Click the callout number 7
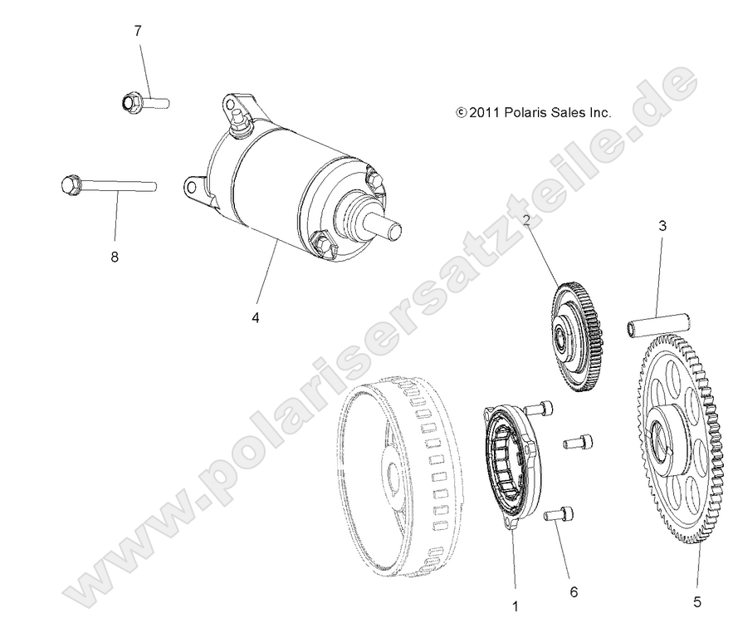point(138,32)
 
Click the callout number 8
point(114,257)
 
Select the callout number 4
point(255,318)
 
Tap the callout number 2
point(526,220)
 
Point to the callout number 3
point(662,225)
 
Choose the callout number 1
point(515,606)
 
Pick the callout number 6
point(573,592)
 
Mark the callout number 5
point(697,600)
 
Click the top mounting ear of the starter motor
point(232,105)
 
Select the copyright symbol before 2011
point(461,111)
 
